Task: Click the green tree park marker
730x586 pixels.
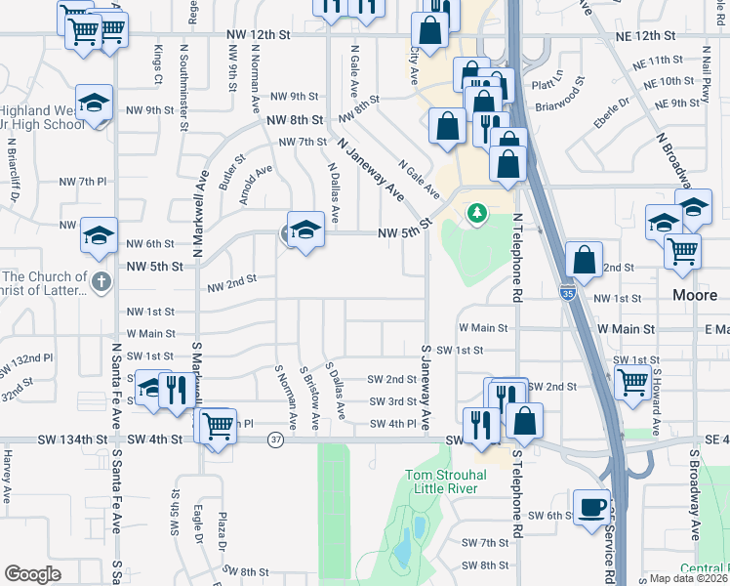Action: coord(476,212)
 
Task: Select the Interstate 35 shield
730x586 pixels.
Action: coord(569,291)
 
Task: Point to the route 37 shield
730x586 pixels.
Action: coord(277,439)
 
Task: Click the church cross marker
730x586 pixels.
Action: coord(101,282)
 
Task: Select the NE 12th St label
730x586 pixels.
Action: coord(644,34)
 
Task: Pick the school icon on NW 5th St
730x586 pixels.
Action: coord(305,230)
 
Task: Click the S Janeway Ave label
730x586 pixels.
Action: coord(426,387)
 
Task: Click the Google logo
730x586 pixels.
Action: coord(33,574)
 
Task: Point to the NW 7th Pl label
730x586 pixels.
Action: coord(82,182)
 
